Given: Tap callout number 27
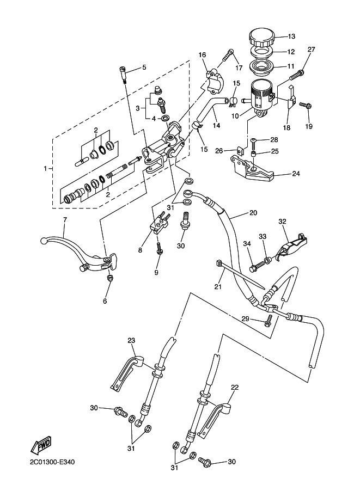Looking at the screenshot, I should (x=311, y=50).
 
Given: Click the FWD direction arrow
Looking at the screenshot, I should (x=41, y=445).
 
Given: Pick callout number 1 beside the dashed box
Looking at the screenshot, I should (x=46, y=169).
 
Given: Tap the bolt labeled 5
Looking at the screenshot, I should (x=124, y=73).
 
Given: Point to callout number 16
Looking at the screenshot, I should (x=203, y=55).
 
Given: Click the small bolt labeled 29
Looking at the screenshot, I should (x=267, y=321).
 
